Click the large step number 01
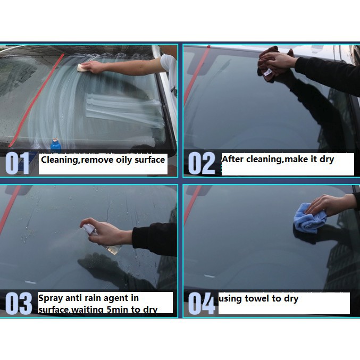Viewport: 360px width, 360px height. tap(17, 163)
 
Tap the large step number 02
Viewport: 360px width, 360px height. tap(202, 163)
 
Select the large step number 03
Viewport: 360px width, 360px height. tap(19, 303)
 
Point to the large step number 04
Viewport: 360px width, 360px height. tap(202, 303)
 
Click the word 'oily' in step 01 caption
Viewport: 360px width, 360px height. tap(124, 160)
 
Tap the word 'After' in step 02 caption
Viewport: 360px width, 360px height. tap(232, 159)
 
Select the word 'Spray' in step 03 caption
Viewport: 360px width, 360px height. tap(51, 298)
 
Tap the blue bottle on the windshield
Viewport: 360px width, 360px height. tap(55, 145)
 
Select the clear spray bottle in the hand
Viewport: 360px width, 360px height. tap(103, 239)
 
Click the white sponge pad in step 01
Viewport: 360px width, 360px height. tap(81, 68)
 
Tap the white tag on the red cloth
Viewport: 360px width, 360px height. tap(267, 72)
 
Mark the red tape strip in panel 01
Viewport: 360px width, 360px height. tap(36, 100)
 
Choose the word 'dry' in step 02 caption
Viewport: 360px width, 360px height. tap(326, 160)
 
